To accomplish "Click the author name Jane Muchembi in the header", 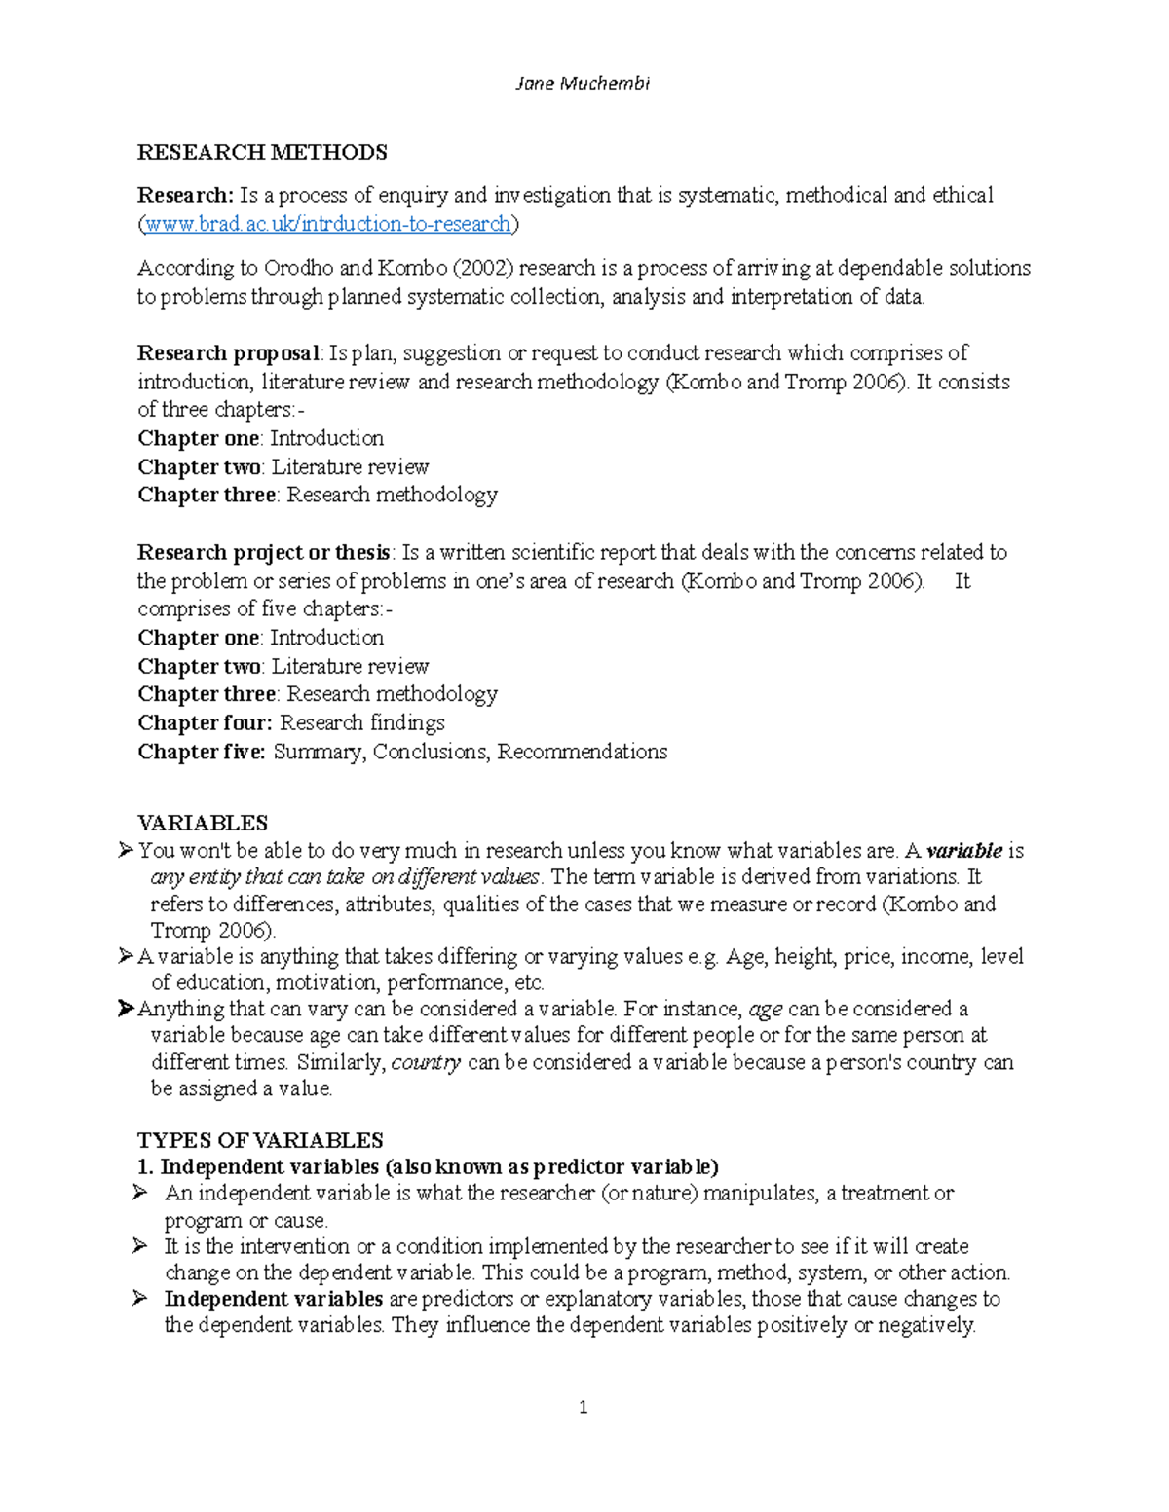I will click(582, 84).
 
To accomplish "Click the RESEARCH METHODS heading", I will click(262, 152).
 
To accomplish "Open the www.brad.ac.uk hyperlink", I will click(327, 224).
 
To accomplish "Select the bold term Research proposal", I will click(228, 352).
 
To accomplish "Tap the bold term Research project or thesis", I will click(264, 552).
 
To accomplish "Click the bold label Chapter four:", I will click(205, 722).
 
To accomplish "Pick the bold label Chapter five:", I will click(202, 752).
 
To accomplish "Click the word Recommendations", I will click(582, 752).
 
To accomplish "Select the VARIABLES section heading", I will click(203, 823).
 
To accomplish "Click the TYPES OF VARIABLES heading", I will click(260, 1140).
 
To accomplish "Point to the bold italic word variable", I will click(963, 851).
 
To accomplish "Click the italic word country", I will click(426, 1062).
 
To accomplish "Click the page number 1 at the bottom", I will click(583, 1407).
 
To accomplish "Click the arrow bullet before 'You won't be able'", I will click(125, 851).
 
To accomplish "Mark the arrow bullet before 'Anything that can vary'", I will click(125, 1009).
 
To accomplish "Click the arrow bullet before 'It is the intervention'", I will click(140, 1246).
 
